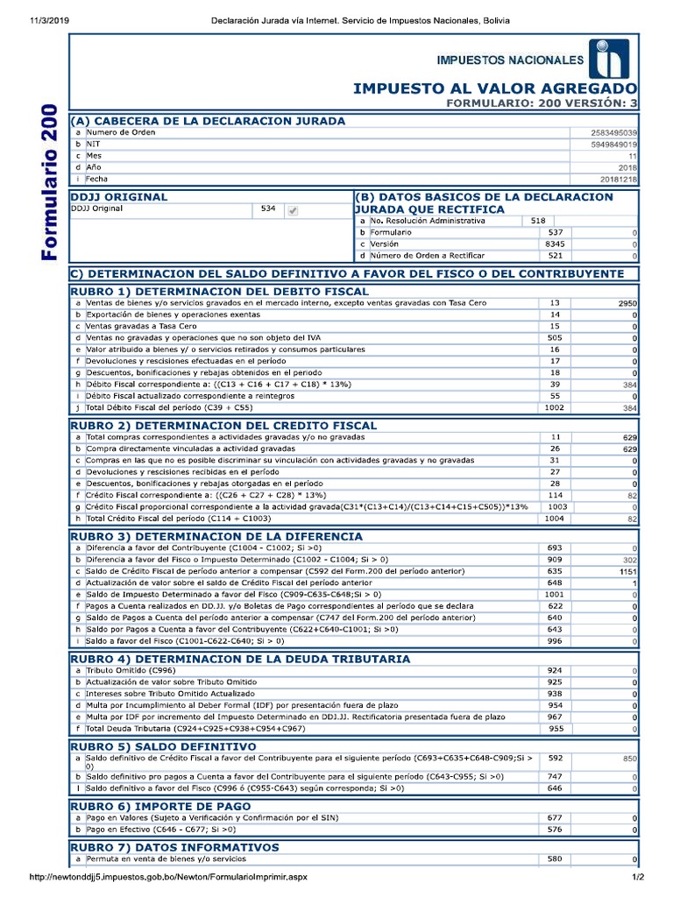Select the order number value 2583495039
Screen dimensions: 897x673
point(614,132)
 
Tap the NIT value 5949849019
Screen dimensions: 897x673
point(614,144)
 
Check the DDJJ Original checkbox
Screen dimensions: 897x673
point(293,210)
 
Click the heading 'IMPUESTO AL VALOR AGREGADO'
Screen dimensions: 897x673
point(495,89)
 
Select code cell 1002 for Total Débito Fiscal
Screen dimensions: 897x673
point(555,407)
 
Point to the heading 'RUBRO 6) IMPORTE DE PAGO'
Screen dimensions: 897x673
point(160,806)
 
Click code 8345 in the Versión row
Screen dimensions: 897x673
point(555,244)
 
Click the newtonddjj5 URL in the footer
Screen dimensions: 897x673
point(169,877)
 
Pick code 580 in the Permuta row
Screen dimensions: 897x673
point(555,859)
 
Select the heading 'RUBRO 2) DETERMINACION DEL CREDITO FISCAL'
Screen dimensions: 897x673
point(223,425)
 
